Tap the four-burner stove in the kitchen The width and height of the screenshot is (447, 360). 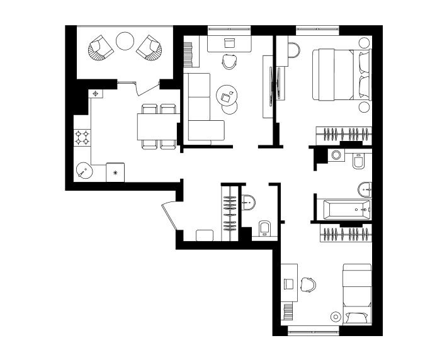pos(82,137)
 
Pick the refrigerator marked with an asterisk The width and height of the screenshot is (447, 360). pos(115,172)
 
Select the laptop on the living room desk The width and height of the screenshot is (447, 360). pos(229,42)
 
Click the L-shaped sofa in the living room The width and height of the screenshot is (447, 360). pos(200,110)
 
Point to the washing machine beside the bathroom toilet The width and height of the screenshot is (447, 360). pos(336,155)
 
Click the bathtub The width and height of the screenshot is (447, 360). pos(344,209)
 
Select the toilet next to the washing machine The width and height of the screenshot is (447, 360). pos(359,162)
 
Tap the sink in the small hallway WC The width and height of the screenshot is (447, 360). pos(249,202)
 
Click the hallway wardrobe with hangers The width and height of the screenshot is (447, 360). pos(230,211)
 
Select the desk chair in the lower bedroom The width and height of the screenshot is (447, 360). pos(308,284)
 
